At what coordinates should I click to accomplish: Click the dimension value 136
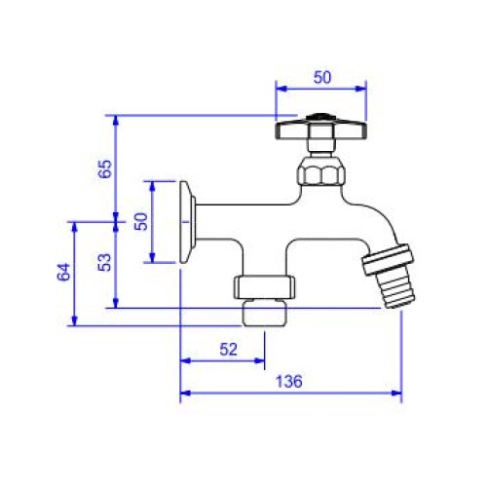click(288, 381)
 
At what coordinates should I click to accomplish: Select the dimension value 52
click(229, 350)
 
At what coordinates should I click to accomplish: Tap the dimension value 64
click(64, 272)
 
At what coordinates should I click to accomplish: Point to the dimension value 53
click(104, 262)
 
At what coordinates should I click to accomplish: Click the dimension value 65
click(104, 169)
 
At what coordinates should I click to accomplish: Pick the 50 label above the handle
click(322, 77)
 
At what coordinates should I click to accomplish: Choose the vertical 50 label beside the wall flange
click(141, 221)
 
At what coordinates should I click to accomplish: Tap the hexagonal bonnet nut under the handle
click(321, 171)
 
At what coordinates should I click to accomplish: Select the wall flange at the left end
click(188, 222)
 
